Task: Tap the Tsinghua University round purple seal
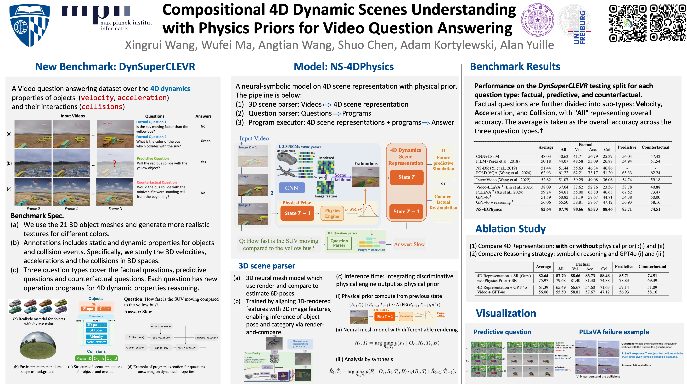click(537, 20)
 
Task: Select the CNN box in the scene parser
click(291, 188)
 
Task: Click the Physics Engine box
click(332, 213)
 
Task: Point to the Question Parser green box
click(339, 243)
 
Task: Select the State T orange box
click(406, 177)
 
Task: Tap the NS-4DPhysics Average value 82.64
click(546, 209)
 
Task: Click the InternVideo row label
click(503, 180)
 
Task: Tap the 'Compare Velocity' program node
click(206, 338)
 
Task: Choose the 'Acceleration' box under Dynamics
click(96, 342)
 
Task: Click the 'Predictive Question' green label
click(153, 158)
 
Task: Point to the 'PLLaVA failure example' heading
click(614, 332)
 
